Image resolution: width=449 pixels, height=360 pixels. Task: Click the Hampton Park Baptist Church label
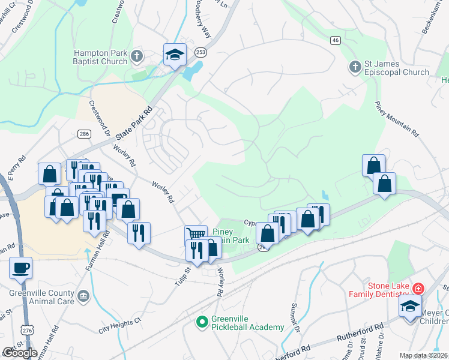tap(100, 57)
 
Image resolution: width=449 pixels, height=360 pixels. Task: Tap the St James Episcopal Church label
tap(397, 68)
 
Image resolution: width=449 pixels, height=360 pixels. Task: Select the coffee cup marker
tap(21, 267)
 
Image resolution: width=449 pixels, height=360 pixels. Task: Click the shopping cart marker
tap(196, 234)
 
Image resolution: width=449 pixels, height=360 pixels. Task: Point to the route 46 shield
tap(335, 40)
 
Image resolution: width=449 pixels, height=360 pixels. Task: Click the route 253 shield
tap(200, 52)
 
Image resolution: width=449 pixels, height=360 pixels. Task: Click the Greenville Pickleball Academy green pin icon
tap(202, 322)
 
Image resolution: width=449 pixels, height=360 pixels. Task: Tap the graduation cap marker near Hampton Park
tap(175, 55)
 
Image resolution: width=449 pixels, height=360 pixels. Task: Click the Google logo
tap(19, 352)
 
